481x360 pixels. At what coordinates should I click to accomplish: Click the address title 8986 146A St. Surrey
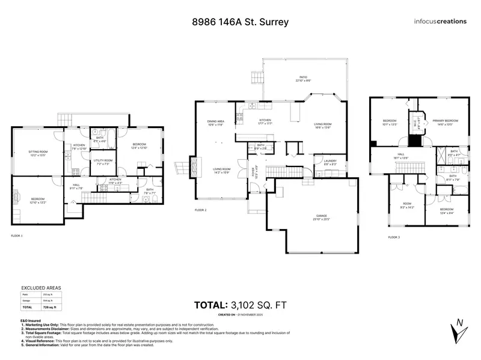tap(240, 22)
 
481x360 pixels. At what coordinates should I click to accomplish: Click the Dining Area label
tap(216, 123)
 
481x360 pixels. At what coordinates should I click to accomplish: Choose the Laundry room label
tap(329, 162)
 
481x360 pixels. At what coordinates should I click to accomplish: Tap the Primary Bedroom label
tap(441, 122)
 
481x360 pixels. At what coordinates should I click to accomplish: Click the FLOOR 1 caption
tap(17, 236)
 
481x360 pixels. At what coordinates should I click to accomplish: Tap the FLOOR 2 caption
tap(201, 210)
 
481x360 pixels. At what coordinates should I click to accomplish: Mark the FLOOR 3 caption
tap(394, 237)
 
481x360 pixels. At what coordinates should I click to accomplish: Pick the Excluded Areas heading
tap(37, 288)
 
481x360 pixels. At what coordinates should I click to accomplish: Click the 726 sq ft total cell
tap(52, 307)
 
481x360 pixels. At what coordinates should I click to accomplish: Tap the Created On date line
tap(240, 314)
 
